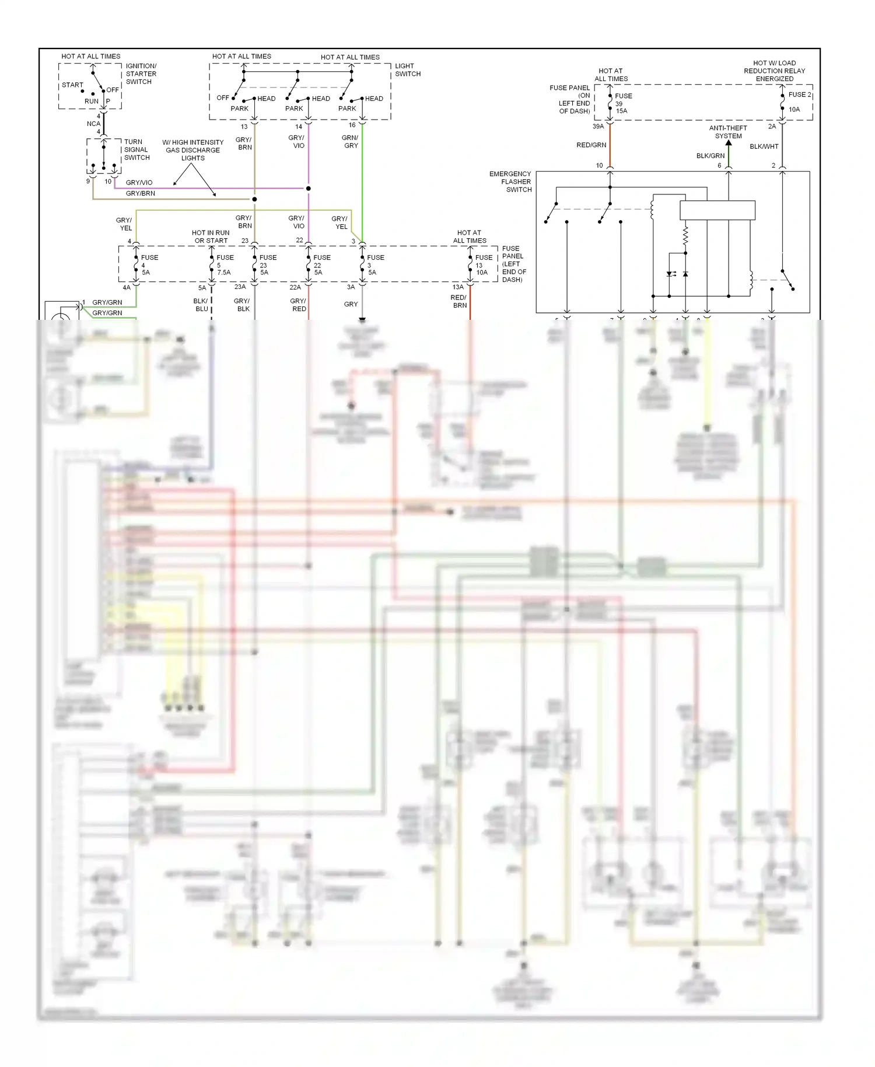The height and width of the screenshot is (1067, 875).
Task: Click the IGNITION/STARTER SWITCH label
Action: (141, 74)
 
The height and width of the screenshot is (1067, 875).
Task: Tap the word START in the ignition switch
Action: (72, 85)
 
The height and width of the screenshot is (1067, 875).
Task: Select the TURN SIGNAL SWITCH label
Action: (136, 149)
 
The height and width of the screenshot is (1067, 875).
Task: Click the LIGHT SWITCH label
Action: (407, 69)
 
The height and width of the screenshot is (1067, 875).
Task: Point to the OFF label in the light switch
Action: (222, 97)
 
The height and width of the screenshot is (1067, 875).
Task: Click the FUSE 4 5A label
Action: (147, 264)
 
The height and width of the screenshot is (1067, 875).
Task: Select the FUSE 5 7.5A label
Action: (224, 264)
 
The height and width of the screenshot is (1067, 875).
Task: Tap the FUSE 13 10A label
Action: (483, 264)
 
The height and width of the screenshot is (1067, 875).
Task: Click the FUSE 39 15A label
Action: (622, 103)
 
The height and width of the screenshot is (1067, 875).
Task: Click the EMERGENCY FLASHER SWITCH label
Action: (512, 182)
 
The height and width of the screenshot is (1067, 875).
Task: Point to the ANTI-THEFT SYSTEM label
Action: (728, 132)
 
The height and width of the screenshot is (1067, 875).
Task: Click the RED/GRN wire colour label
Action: (591, 145)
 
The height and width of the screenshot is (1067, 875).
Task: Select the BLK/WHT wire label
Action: (764, 147)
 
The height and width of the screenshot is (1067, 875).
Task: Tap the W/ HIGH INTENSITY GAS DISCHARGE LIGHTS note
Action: (192, 150)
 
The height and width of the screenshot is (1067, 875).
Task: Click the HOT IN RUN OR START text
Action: (211, 236)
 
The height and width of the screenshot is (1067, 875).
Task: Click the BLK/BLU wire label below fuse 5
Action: (201, 305)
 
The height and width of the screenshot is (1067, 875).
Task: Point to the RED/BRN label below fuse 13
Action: (459, 301)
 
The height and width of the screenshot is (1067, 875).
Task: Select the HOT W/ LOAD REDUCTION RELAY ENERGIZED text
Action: (774, 71)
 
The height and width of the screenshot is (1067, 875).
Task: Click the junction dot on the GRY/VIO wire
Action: (308, 189)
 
